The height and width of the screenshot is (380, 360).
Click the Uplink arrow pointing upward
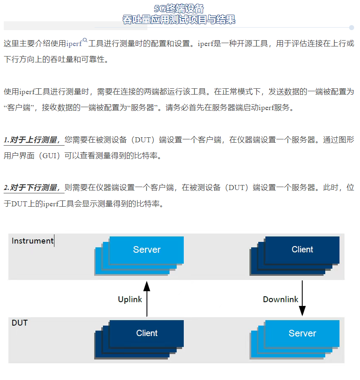(147, 299)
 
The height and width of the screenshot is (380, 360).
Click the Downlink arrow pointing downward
(302, 299)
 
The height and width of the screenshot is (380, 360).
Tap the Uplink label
(130, 299)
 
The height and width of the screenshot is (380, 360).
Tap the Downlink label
(280, 299)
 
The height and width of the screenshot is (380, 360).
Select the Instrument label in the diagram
(32, 241)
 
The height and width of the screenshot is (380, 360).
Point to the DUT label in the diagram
(20, 323)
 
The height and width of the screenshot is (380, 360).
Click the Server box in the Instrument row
(147, 250)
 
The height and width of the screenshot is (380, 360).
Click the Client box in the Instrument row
(302, 249)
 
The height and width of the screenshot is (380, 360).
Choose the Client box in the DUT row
(147, 333)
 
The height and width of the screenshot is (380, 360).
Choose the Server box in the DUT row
(302, 334)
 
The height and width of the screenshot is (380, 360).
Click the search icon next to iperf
(85, 41)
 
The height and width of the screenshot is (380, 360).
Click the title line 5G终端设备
(179, 8)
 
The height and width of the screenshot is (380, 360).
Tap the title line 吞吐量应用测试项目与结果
(179, 19)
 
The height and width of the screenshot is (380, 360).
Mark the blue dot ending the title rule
(351, 28)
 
